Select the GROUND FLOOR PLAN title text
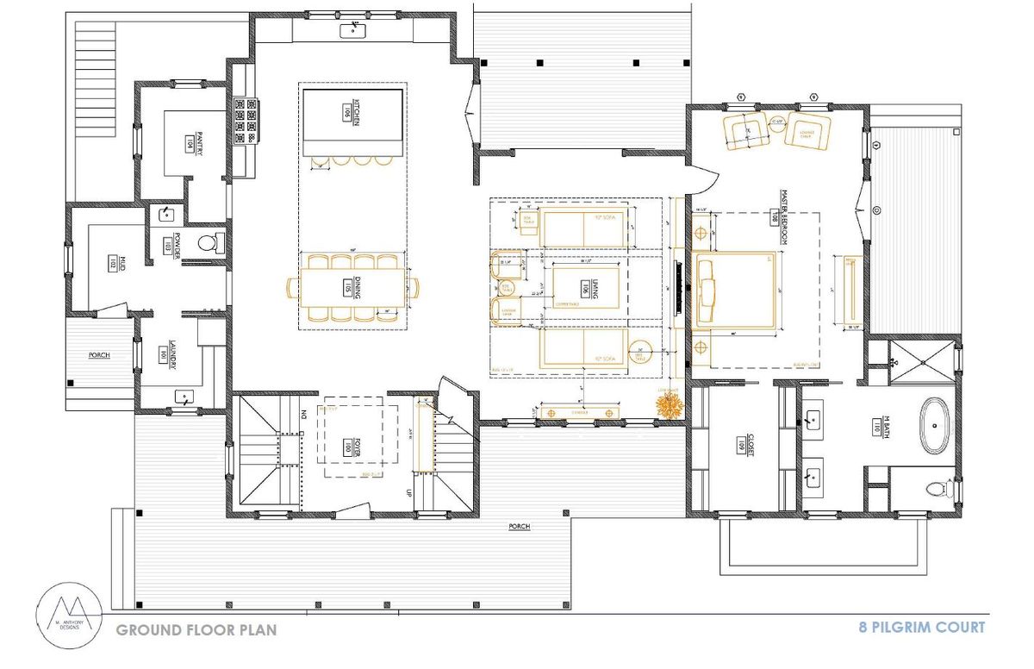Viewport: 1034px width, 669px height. click(196, 630)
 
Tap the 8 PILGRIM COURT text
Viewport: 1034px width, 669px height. click(921, 627)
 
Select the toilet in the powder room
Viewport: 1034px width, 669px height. click(208, 242)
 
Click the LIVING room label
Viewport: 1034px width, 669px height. click(586, 290)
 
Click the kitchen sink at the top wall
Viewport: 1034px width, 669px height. click(352, 31)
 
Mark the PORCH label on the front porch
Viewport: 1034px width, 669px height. click(519, 526)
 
